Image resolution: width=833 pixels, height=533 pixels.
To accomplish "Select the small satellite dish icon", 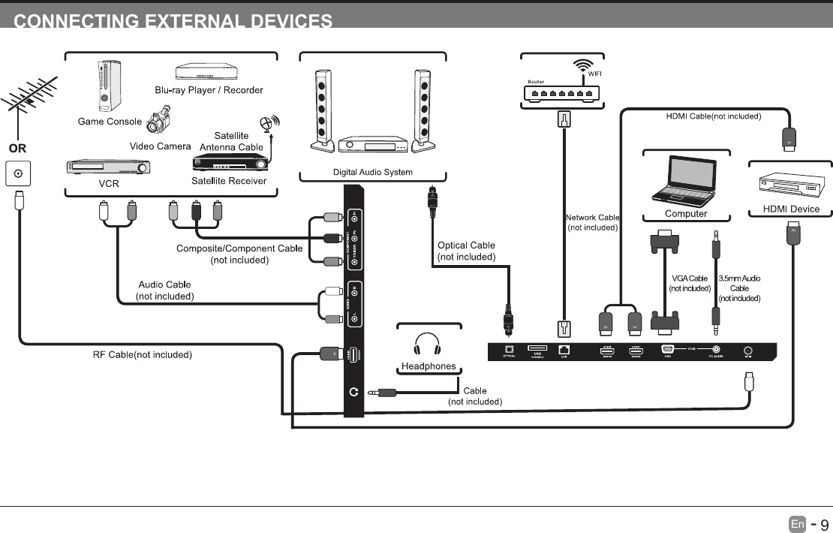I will point(268,124).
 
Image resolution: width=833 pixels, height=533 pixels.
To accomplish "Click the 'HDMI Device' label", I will point(791,209).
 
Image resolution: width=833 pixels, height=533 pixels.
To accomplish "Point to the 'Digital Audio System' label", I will point(372,173).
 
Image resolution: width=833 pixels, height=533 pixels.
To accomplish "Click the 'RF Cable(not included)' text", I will point(142,354).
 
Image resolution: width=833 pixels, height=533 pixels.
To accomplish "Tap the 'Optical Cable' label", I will point(466,245).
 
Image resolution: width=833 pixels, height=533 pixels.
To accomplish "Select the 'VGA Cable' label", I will point(689,279).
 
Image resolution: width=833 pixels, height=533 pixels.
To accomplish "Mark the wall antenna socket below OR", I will point(18,174).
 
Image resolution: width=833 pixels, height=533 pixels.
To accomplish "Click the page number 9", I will point(822,524).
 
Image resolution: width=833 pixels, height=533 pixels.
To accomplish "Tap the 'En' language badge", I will point(797,524).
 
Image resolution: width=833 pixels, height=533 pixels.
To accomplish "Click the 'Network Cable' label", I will point(592,218).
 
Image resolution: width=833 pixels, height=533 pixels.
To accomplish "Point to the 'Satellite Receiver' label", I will point(229,181).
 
